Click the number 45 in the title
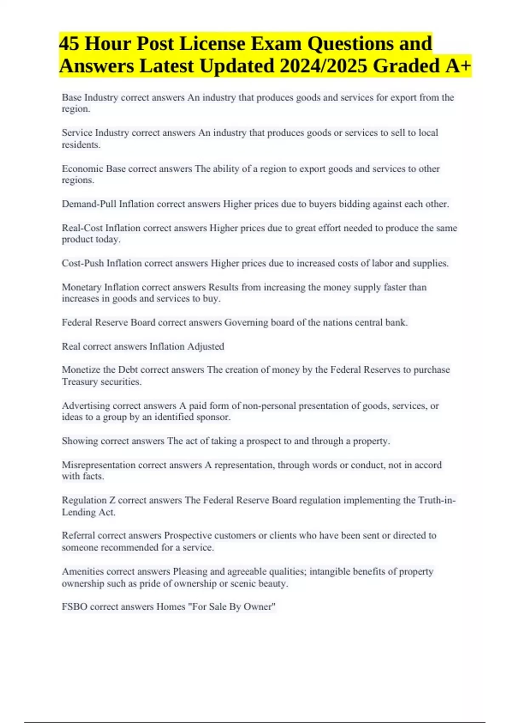tap(69, 44)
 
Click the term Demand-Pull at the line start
tap(89, 204)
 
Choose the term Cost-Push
tap(82, 263)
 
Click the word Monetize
tap(81, 370)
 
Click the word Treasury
tap(79, 381)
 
